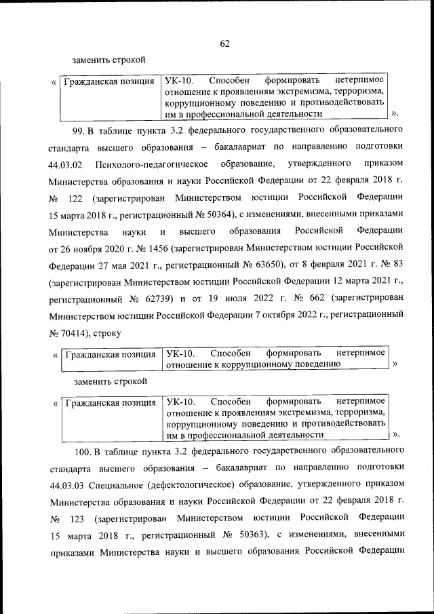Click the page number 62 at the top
click(225, 43)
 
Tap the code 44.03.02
click(66, 164)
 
